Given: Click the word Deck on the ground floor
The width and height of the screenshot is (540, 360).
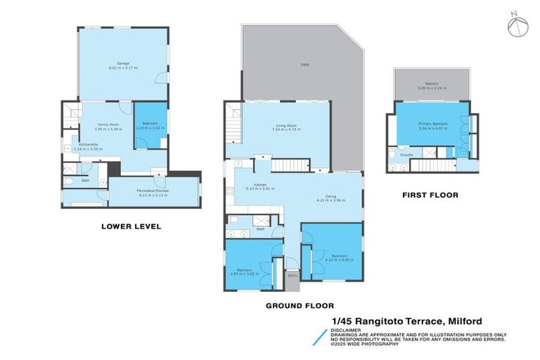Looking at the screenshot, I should tap(304, 65).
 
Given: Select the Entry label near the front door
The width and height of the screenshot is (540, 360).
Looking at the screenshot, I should tap(292, 275).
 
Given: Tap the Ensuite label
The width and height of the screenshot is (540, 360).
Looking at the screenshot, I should tap(406, 155).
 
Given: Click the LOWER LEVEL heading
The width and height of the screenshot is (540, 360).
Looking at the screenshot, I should tap(131, 226).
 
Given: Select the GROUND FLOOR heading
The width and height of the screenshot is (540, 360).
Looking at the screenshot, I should tap(300, 306).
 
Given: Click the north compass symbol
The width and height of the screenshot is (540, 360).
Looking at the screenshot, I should tap(516, 25).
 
